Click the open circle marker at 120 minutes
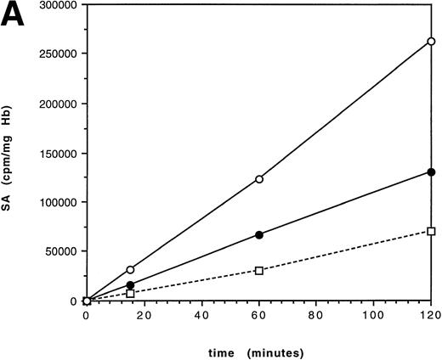pyautogui.click(x=432, y=41)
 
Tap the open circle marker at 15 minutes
pyautogui.click(x=130, y=269)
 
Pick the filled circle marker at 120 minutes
pyautogui.click(x=432, y=172)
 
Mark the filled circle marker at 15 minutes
pyautogui.click(x=130, y=285)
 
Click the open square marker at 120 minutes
pyautogui.click(x=432, y=231)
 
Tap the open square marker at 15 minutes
pyautogui.click(x=130, y=293)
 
